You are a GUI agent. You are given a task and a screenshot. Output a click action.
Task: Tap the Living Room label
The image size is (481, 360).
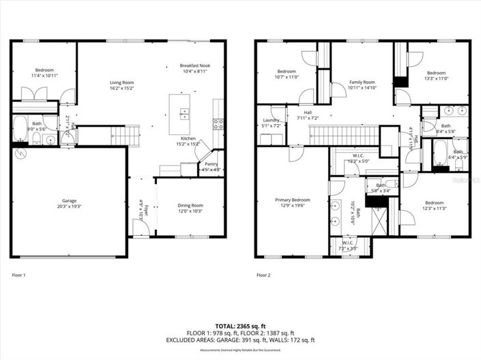coord(122,85)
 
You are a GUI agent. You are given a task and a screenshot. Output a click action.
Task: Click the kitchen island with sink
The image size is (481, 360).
coord(182,113)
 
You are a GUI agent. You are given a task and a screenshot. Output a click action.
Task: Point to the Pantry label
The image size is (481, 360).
coord(210,166)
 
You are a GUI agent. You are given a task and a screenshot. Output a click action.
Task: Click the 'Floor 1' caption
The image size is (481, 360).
coord(18,275)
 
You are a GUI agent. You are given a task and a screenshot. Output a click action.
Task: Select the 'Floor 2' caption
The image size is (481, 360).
coord(264,275)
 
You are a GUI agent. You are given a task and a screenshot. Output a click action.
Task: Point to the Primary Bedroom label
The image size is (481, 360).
coord(293,203)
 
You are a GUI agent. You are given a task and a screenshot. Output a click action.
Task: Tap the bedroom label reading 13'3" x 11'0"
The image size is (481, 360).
coord(436,76)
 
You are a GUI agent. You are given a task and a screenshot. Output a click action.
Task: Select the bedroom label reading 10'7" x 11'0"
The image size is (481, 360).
coord(287,74)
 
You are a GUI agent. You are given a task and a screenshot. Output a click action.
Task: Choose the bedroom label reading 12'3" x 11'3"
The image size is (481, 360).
coord(435,206)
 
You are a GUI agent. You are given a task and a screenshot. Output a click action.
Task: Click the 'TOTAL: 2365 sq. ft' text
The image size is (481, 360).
coord(240,326)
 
